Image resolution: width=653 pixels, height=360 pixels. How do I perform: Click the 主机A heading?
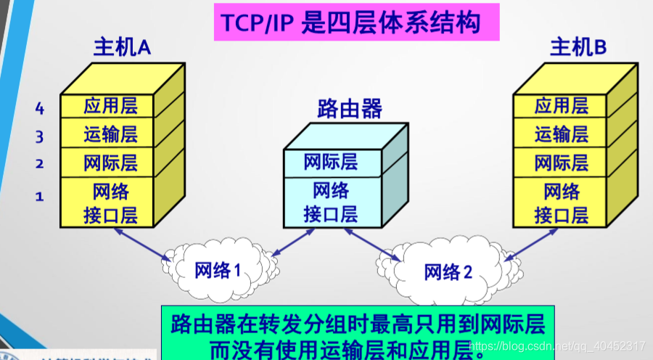click(x=122, y=49)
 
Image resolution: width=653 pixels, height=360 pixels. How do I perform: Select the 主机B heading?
click(x=578, y=49)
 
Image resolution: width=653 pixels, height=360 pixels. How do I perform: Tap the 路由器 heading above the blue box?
click(x=350, y=109)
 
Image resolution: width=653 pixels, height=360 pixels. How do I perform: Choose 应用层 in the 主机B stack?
click(x=561, y=106)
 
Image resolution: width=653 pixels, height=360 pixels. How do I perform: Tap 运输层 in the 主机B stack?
click(x=561, y=134)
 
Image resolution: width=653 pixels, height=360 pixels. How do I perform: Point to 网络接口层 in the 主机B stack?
click(x=561, y=203)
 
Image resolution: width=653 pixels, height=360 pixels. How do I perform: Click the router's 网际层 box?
click(x=331, y=161)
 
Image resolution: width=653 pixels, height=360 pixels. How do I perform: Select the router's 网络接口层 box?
click(x=331, y=202)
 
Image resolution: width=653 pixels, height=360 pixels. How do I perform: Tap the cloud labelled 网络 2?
click(x=448, y=271)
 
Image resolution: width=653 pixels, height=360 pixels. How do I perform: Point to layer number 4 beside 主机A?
click(x=40, y=109)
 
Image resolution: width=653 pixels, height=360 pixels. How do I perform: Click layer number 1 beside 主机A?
click(x=40, y=196)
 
